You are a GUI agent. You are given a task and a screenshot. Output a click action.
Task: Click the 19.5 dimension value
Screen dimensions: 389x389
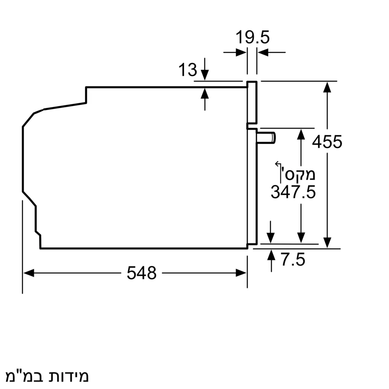click(x=252, y=38)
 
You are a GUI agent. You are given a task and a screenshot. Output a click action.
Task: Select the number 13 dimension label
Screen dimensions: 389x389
click(x=188, y=70)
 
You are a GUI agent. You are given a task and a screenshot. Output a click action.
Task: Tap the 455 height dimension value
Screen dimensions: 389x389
click(x=327, y=142)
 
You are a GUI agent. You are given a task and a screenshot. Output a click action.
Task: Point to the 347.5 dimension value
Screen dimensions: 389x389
click(x=293, y=192)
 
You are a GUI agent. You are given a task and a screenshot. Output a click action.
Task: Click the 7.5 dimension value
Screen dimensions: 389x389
click(x=294, y=259)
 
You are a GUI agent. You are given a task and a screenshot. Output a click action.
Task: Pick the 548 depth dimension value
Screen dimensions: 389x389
click(x=142, y=273)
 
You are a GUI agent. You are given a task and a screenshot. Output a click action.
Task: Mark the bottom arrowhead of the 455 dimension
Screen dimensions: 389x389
click(x=327, y=243)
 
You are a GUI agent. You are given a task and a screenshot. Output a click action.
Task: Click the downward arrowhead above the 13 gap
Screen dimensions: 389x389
click(x=205, y=75)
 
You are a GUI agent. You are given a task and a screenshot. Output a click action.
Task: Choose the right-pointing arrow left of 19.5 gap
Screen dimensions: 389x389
click(x=241, y=52)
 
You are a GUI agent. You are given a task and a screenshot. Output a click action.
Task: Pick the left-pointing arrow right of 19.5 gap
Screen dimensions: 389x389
click(x=263, y=52)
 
